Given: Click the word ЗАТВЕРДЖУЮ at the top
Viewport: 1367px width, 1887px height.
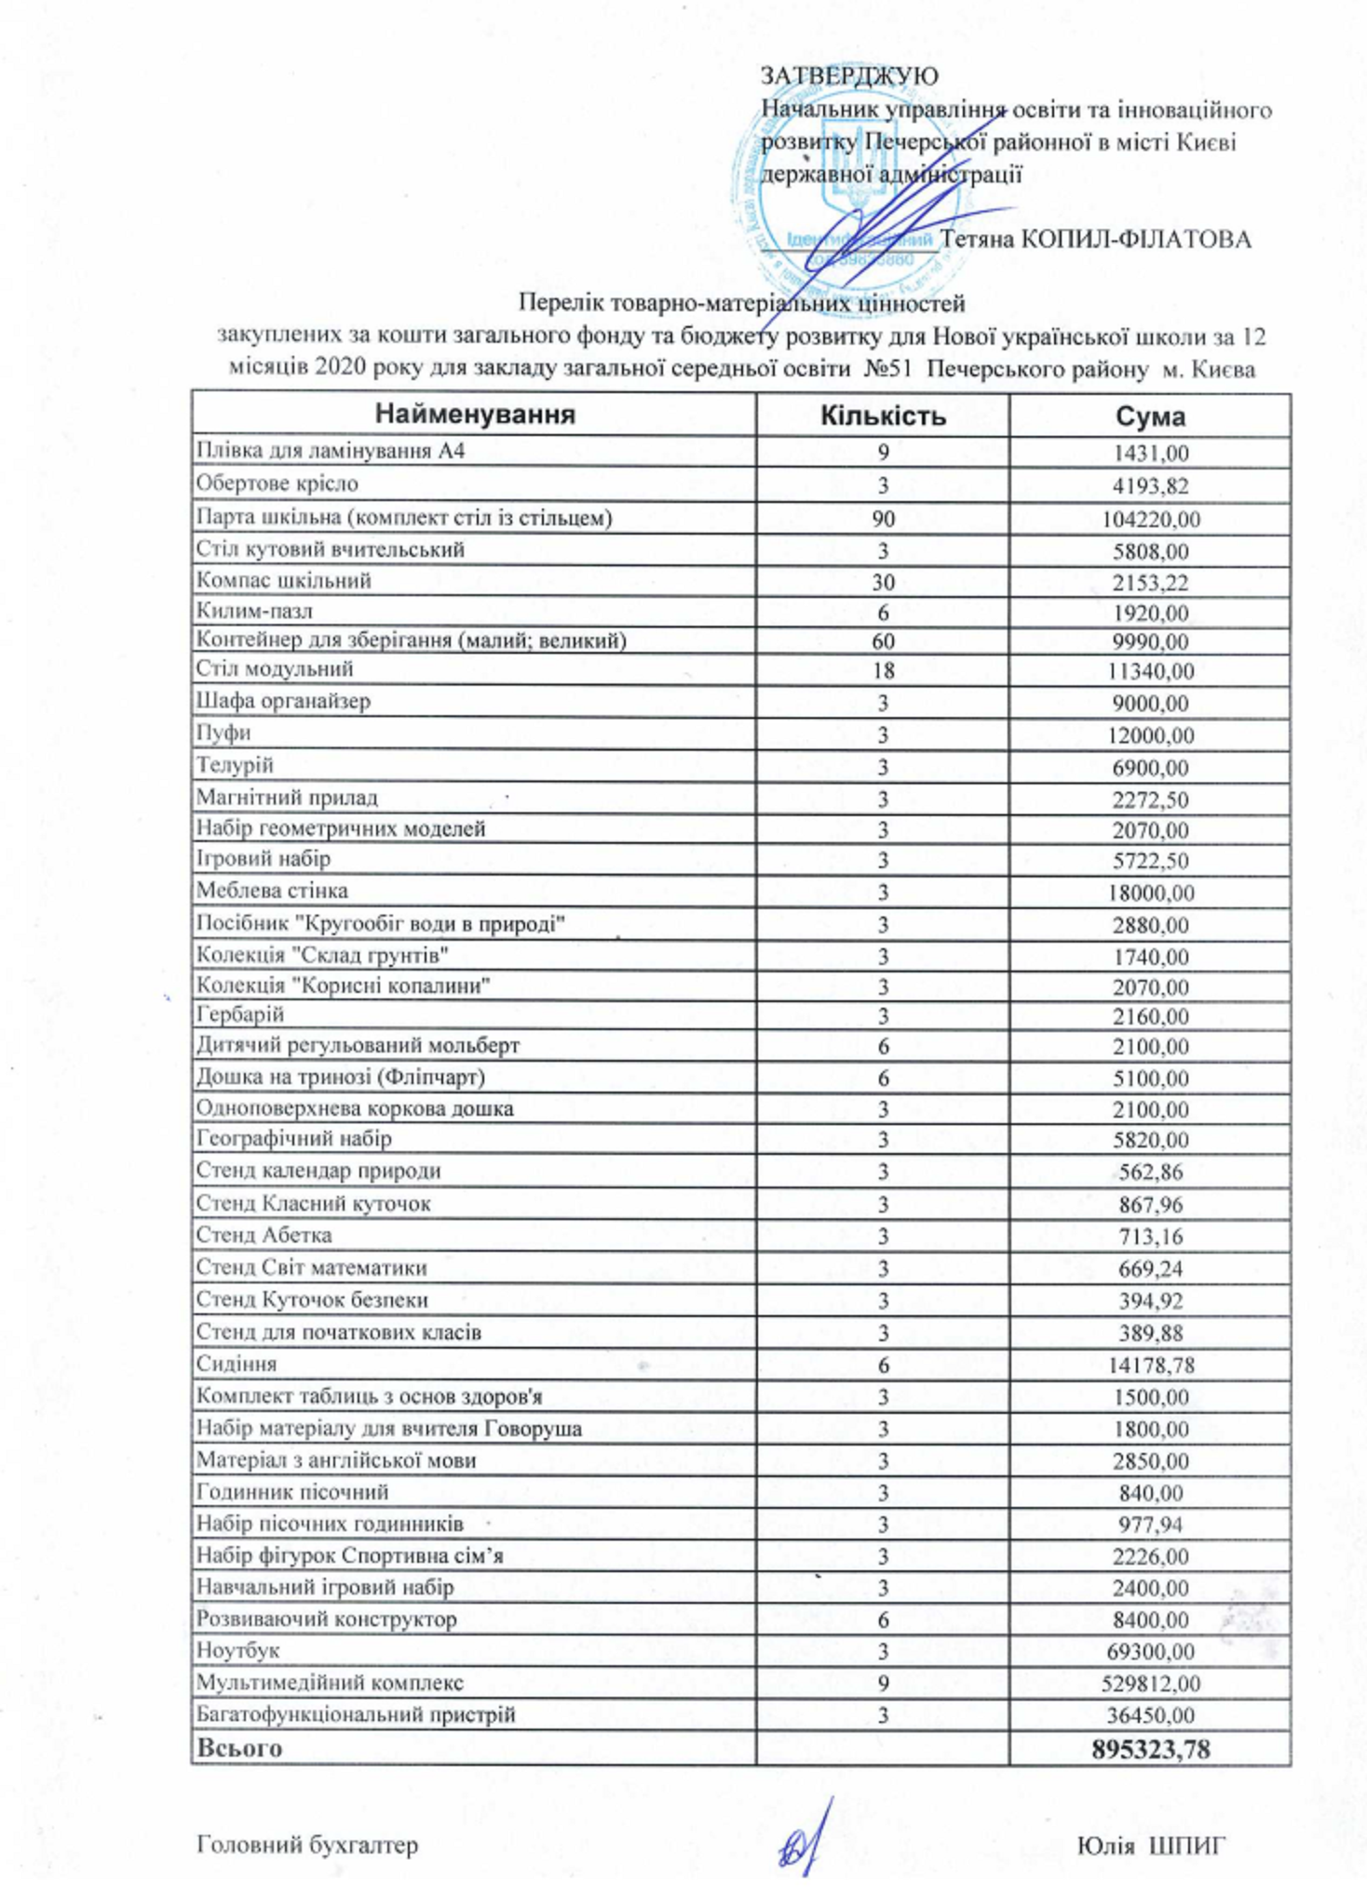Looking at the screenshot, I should pos(849,75).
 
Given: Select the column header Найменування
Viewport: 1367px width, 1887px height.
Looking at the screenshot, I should pos(475,414).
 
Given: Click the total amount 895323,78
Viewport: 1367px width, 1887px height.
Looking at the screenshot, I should pos(1151,1749).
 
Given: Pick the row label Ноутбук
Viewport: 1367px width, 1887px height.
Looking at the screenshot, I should pos(237,1649).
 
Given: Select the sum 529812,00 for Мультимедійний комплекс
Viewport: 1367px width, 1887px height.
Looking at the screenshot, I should pos(1151,1683).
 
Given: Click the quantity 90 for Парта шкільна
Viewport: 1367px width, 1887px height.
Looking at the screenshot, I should pos(883,519).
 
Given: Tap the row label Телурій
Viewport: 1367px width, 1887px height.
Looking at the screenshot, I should pos(235,766).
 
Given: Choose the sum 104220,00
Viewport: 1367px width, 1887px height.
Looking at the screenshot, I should pos(1151,519).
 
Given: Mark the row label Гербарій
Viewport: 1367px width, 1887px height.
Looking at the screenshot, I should pos(240,1014).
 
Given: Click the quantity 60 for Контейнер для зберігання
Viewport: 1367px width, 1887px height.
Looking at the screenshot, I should pos(883,641).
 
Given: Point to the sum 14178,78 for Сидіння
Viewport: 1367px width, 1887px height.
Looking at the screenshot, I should pos(1151,1365).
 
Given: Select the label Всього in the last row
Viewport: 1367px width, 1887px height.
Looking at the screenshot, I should pos(239,1748).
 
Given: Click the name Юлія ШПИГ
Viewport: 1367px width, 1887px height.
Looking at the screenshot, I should pos(1151,1845).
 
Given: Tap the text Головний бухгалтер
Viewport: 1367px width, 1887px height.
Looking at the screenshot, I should pos(307,1845).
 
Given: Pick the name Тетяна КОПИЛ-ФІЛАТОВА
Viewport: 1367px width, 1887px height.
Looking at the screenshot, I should pos(1095,239).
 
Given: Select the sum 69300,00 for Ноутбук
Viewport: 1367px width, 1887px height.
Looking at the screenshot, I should pos(1151,1651).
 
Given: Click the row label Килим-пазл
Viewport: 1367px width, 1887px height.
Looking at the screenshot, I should pos(254,611).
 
